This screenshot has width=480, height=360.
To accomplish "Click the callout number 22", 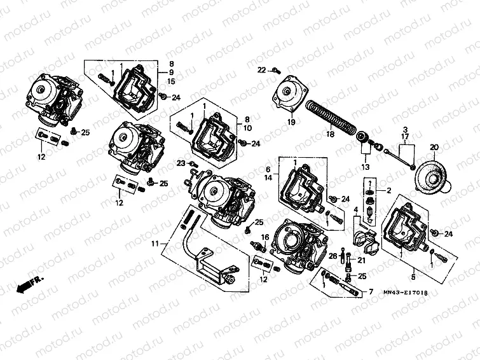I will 261,69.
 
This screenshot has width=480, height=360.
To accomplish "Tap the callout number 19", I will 291,121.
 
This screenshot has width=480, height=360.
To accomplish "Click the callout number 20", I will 434,147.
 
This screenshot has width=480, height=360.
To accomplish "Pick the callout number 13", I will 364,167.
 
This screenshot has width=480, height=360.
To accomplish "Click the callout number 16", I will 264,237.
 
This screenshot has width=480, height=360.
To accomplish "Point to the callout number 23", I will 181,163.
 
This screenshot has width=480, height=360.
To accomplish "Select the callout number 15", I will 170,81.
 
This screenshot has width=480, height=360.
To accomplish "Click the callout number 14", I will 268,179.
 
